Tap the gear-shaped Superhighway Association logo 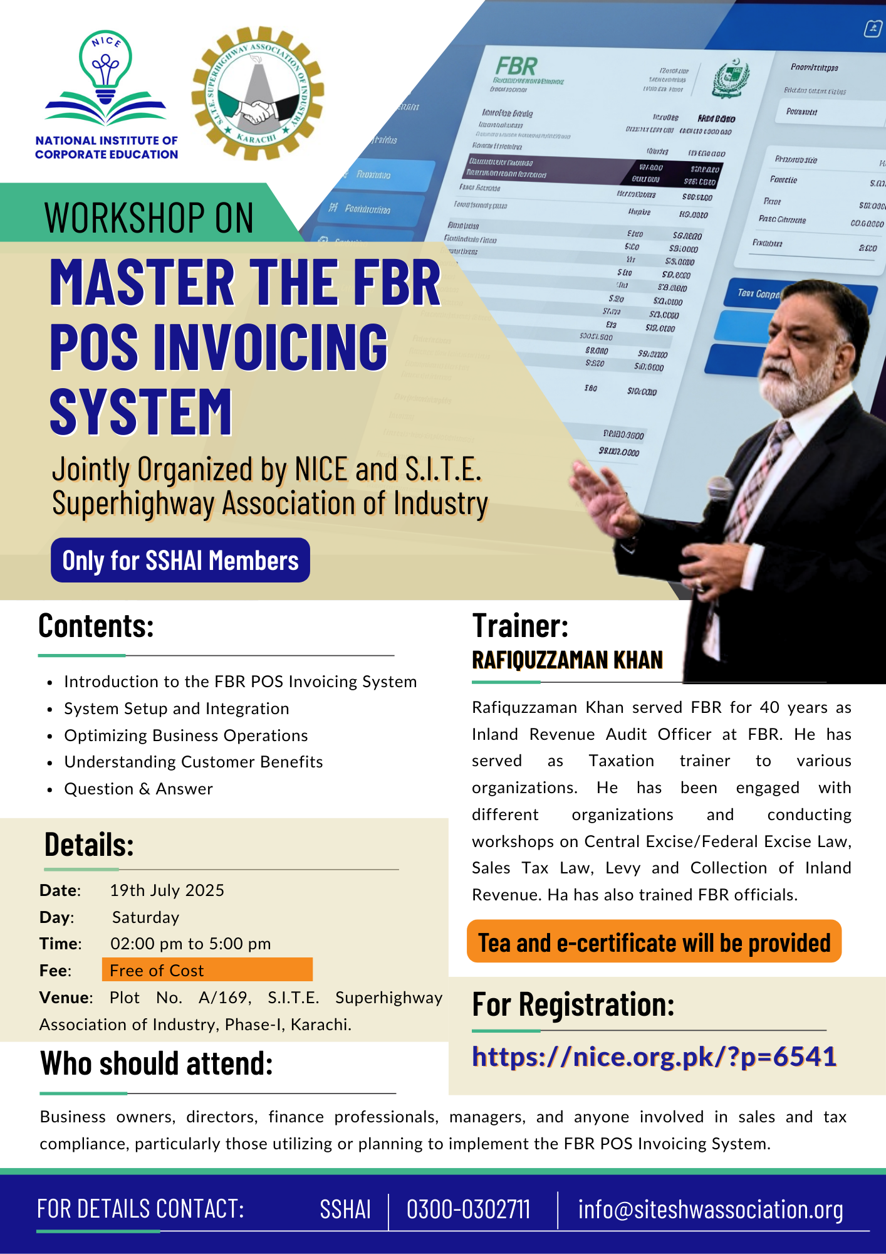(x=258, y=93)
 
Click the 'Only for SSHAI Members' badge (x=180, y=560)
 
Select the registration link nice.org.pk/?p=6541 (x=654, y=1056)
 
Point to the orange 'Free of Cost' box (x=207, y=969)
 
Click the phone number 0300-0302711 (x=468, y=1209)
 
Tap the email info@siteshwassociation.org (x=710, y=1209)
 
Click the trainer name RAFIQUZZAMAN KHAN (x=567, y=660)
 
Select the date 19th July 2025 (x=167, y=890)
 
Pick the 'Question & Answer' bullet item (x=138, y=789)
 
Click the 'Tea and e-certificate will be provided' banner (x=654, y=942)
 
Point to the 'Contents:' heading (x=96, y=626)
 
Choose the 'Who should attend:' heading (x=157, y=1064)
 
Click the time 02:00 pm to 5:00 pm (x=190, y=944)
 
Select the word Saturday (x=145, y=917)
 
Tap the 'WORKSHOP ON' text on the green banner (x=149, y=218)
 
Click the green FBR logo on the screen (x=516, y=66)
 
